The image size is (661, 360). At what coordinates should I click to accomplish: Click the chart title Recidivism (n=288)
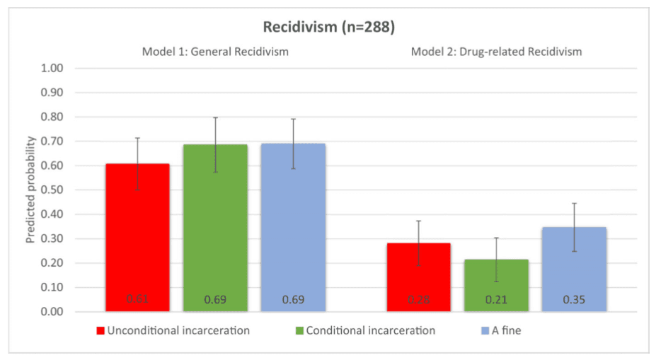pyautogui.click(x=329, y=28)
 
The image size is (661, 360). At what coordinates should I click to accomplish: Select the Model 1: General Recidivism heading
pyautogui.click(x=215, y=51)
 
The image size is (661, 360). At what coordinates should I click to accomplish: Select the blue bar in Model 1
pyautogui.click(x=293, y=227)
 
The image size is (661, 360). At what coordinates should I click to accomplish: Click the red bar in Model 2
pyautogui.click(x=418, y=277)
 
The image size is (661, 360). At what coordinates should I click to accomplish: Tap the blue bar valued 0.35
pyautogui.click(x=573, y=269)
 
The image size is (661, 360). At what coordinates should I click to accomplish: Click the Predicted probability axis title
pyautogui.click(x=31, y=190)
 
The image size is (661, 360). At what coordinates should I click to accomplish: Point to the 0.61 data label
pyautogui.click(x=138, y=300)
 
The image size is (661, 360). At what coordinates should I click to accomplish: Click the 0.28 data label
pyautogui.click(x=418, y=300)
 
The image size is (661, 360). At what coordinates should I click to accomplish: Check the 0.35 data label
pyautogui.click(x=573, y=300)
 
